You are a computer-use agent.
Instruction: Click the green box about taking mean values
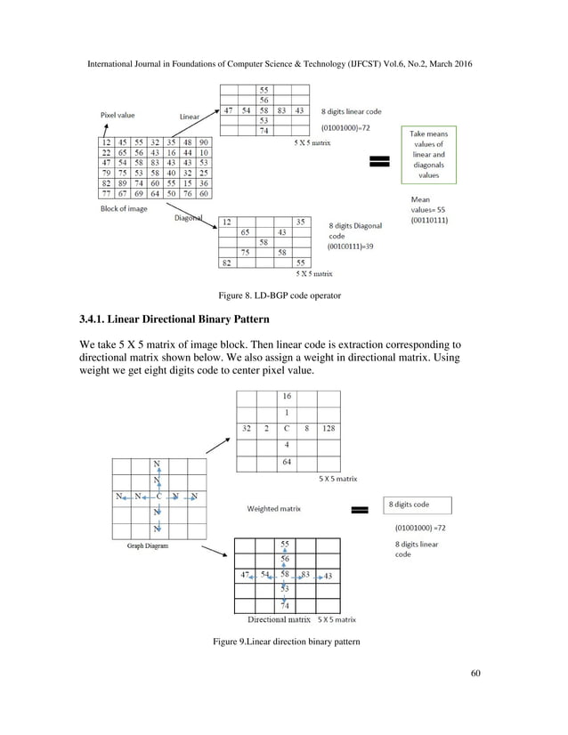[429, 154]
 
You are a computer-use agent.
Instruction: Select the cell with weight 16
[286, 396]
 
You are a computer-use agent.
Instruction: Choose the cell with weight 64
[286, 461]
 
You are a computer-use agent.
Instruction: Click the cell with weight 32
[246, 428]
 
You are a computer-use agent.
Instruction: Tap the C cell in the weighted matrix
[286, 428]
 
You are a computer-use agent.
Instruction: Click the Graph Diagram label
[147, 545]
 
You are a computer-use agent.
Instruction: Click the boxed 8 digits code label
[417, 505]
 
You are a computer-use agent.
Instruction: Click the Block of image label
[124, 208]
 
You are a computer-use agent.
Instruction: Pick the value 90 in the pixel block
[204, 141]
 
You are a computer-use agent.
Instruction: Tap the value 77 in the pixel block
[106, 193]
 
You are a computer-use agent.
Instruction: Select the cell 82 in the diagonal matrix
[227, 263]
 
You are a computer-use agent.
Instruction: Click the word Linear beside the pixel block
[189, 117]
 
